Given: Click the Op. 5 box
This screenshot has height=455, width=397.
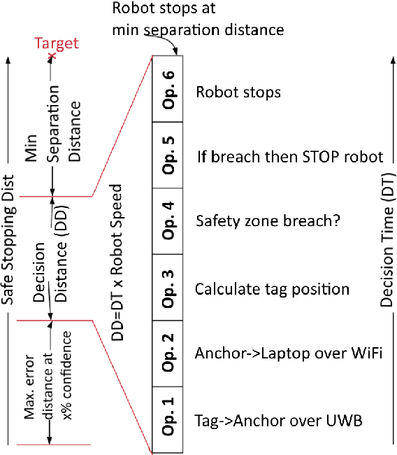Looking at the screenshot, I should [167, 155].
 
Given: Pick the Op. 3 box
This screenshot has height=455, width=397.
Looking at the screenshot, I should [167, 286].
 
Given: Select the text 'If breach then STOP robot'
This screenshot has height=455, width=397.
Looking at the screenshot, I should [289, 156].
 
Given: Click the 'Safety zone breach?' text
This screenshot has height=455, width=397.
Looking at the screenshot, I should [268, 223].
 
